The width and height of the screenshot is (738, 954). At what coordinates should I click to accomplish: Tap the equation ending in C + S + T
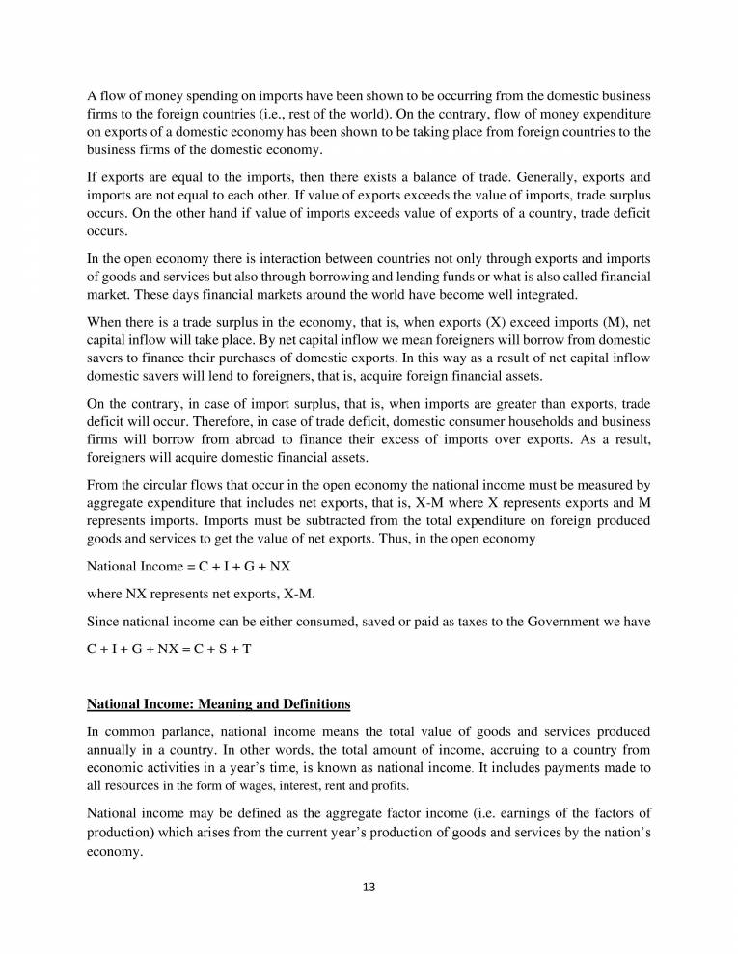click(169, 649)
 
